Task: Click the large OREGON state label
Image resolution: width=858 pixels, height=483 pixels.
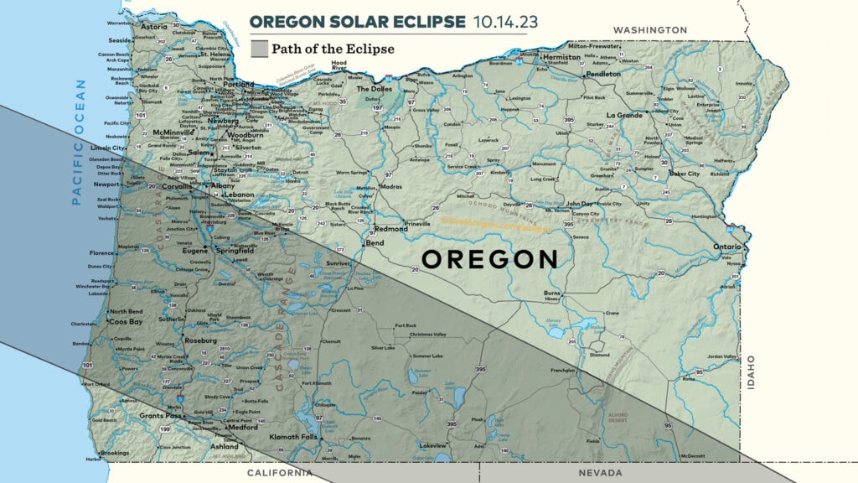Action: (x=489, y=259)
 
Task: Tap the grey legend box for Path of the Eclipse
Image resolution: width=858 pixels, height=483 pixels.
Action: (x=259, y=49)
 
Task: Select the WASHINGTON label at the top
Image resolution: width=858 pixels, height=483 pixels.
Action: (x=650, y=30)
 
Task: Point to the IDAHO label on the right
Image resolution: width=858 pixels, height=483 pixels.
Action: (x=751, y=371)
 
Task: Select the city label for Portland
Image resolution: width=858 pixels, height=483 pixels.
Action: (x=239, y=85)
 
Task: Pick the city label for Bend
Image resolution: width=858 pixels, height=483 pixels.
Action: (x=375, y=243)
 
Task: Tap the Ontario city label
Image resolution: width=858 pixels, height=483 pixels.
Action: (x=726, y=247)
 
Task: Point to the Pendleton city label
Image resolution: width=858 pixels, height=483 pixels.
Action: (x=603, y=74)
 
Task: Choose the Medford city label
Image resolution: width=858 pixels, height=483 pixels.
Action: (x=243, y=427)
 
